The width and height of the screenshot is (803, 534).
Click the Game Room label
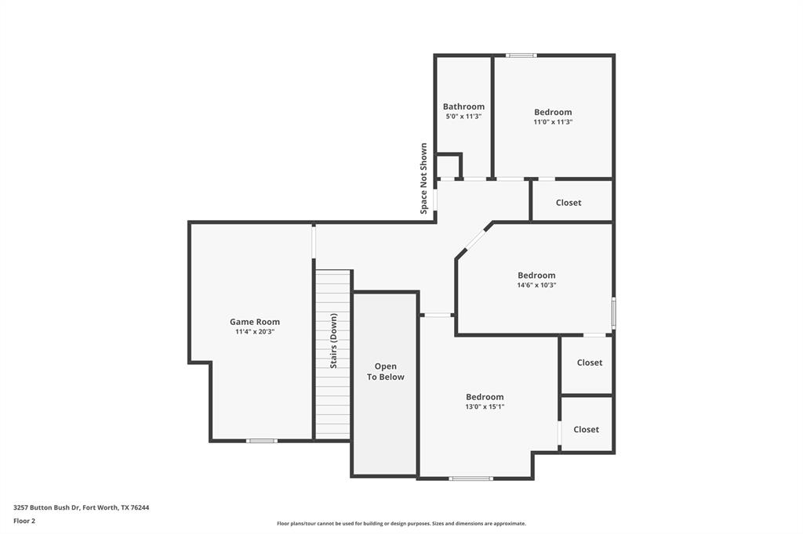click(x=254, y=322)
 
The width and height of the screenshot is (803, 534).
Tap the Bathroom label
click(x=463, y=106)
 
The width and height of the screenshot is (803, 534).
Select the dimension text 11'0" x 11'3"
click(x=553, y=122)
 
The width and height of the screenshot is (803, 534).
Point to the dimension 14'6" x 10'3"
click(x=536, y=285)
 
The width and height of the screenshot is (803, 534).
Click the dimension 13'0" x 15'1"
click(x=485, y=406)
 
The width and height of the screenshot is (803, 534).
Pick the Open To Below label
click(x=385, y=371)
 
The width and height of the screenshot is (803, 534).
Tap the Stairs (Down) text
click(x=333, y=341)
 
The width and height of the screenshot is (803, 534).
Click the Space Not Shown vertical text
click(x=423, y=179)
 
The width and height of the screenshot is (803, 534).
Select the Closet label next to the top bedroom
click(x=569, y=203)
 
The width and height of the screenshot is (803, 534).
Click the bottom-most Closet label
click(x=586, y=429)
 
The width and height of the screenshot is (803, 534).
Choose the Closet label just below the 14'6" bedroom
click(x=589, y=363)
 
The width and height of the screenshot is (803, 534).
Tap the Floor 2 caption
click(x=24, y=520)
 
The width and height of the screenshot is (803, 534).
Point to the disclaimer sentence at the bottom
click(x=401, y=524)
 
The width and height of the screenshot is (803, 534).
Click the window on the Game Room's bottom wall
click(x=261, y=441)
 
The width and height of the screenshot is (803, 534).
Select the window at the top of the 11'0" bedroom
click(x=521, y=56)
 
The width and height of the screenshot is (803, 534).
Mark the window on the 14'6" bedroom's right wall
click(x=613, y=312)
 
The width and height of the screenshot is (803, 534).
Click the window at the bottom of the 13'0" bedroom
click(x=471, y=478)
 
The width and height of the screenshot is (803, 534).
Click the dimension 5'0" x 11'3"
click(x=463, y=116)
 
